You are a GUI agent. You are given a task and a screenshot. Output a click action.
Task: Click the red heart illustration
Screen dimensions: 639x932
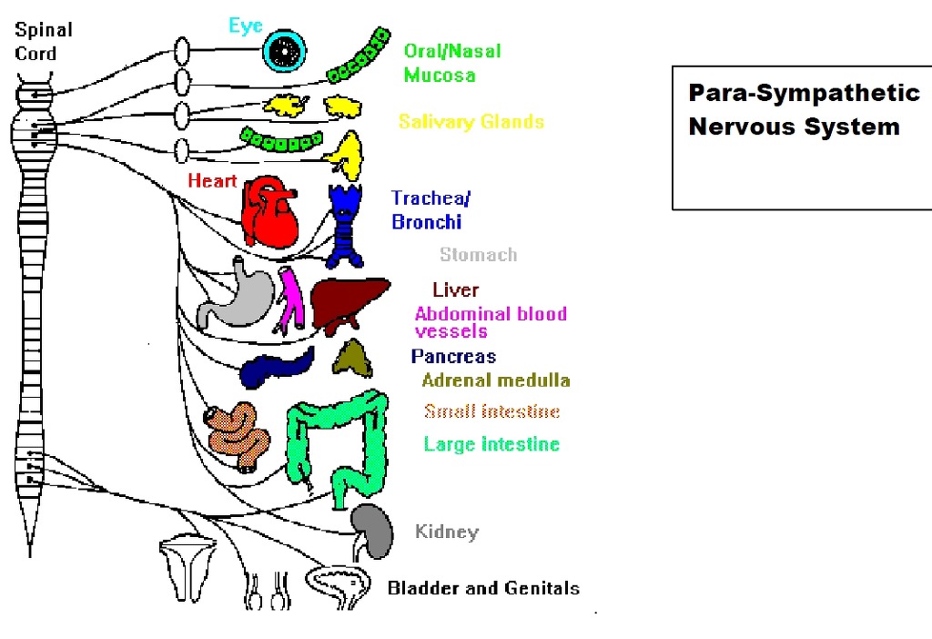click(x=272, y=211)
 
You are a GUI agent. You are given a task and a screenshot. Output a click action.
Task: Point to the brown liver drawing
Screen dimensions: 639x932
click(x=347, y=299)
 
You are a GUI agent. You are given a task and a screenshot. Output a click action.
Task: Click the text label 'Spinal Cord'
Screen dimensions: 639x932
click(x=43, y=41)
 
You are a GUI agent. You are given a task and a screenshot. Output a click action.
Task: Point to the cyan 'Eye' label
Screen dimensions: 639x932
click(x=246, y=25)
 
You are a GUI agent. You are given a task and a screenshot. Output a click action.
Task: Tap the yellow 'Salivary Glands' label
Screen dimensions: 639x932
click(x=471, y=122)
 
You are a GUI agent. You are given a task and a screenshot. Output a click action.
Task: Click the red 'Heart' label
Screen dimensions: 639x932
click(x=212, y=180)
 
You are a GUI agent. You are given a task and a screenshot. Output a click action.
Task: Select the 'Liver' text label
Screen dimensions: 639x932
click(x=455, y=290)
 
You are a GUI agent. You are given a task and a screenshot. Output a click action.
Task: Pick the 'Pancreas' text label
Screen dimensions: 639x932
click(x=453, y=357)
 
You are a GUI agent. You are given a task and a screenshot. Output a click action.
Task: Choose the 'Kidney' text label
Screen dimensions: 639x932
click(x=446, y=532)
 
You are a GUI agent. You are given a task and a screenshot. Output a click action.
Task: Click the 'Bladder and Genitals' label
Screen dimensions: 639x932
click(x=483, y=588)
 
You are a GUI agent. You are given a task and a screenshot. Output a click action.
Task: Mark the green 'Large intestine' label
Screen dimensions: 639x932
click(x=491, y=444)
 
